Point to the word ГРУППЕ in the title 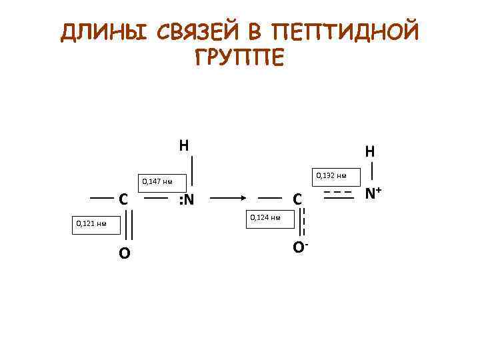(x=240, y=57)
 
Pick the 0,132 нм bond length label (x=332, y=175)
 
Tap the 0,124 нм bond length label (x=265, y=217)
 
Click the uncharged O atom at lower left (x=125, y=253)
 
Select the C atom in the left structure (x=123, y=199)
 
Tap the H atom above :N (x=184, y=145)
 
